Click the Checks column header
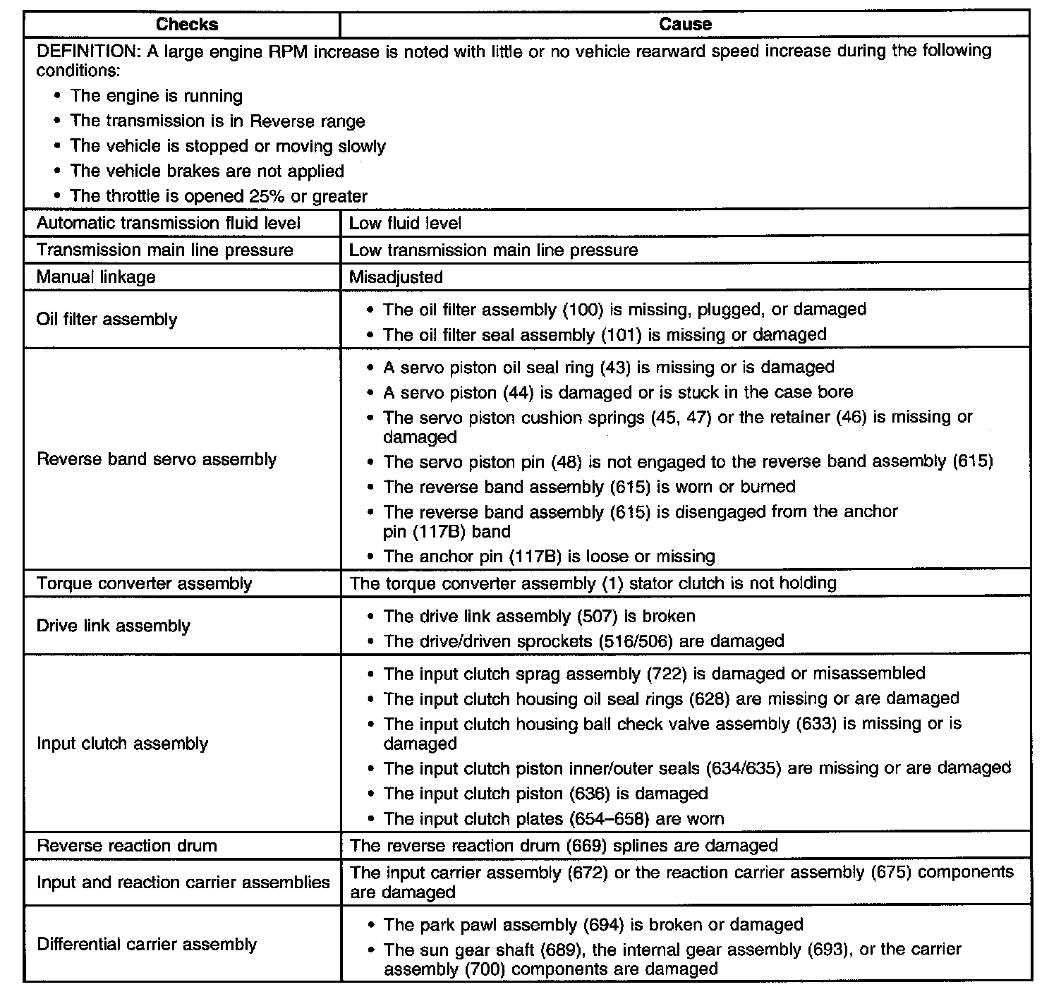pos(187,24)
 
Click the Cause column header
pos(685,24)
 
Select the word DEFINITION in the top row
pos(83,51)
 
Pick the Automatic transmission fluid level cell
pos(169,224)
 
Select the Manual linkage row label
pos(96,277)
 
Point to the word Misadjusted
pos(396,277)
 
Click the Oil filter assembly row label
pos(107,319)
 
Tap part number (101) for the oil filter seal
pos(622,334)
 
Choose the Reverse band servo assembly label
pos(157,459)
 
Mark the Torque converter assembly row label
pos(144,583)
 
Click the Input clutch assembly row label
pos(122,744)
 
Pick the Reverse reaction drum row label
pos(127,845)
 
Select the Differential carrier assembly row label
pos(147,944)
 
